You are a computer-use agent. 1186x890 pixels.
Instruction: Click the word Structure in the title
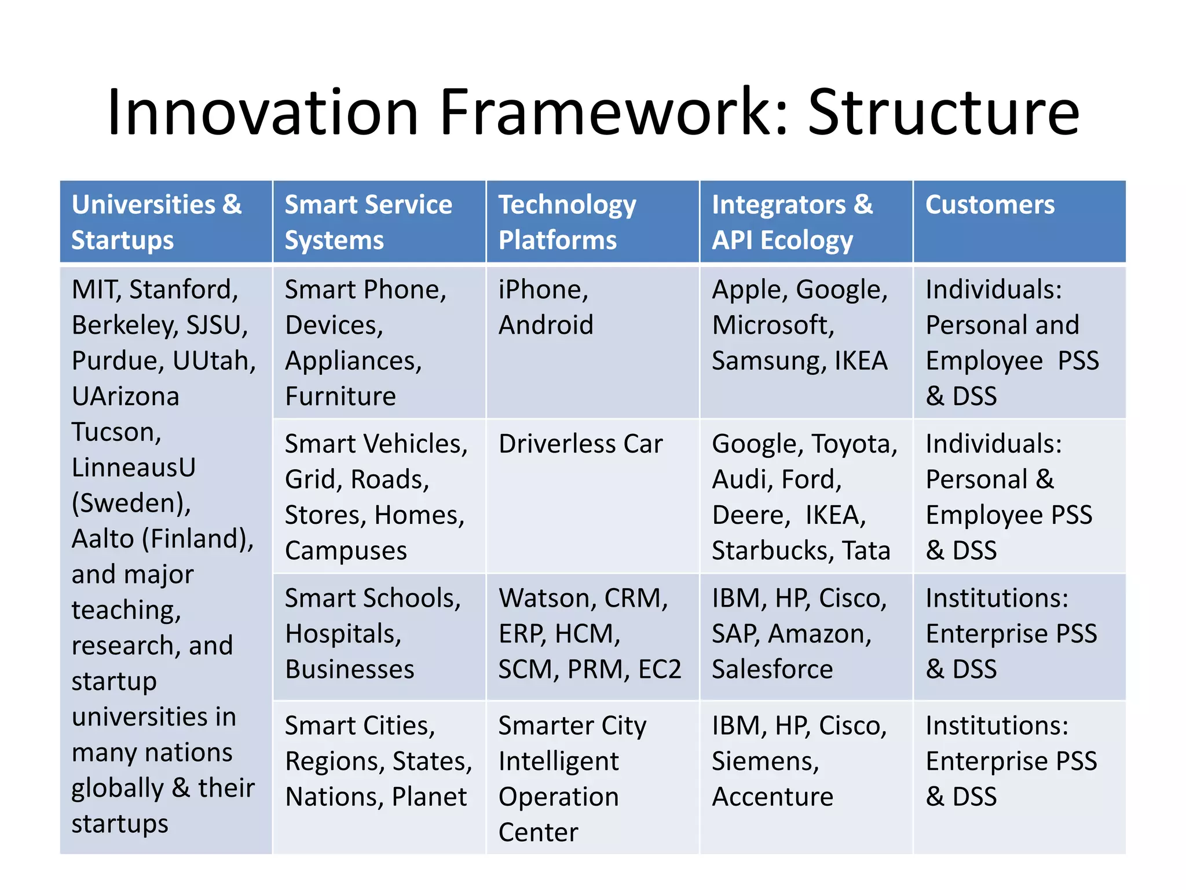click(943, 113)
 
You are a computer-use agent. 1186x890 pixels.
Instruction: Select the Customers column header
click(990, 205)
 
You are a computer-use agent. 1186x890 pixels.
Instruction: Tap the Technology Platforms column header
click(567, 222)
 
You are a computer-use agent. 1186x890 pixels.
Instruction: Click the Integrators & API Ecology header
click(792, 222)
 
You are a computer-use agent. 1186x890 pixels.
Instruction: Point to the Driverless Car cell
click(580, 444)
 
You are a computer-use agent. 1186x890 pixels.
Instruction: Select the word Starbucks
click(768, 551)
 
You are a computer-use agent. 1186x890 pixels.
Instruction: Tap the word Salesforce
click(772, 670)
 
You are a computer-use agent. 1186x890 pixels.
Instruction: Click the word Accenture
click(772, 797)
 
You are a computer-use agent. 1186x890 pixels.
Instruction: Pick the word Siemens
click(764, 761)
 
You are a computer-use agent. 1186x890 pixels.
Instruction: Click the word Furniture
click(341, 397)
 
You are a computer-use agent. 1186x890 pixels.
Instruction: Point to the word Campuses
click(346, 551)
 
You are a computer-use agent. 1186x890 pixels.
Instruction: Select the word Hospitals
click(343, 634)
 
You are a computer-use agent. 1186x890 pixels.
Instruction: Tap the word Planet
click(429, 797)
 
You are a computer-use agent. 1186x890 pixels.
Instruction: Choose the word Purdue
click(117, 361)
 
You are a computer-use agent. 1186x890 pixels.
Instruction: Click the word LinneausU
click(134, 468)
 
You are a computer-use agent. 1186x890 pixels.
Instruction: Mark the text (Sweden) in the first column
click(131, 503)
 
